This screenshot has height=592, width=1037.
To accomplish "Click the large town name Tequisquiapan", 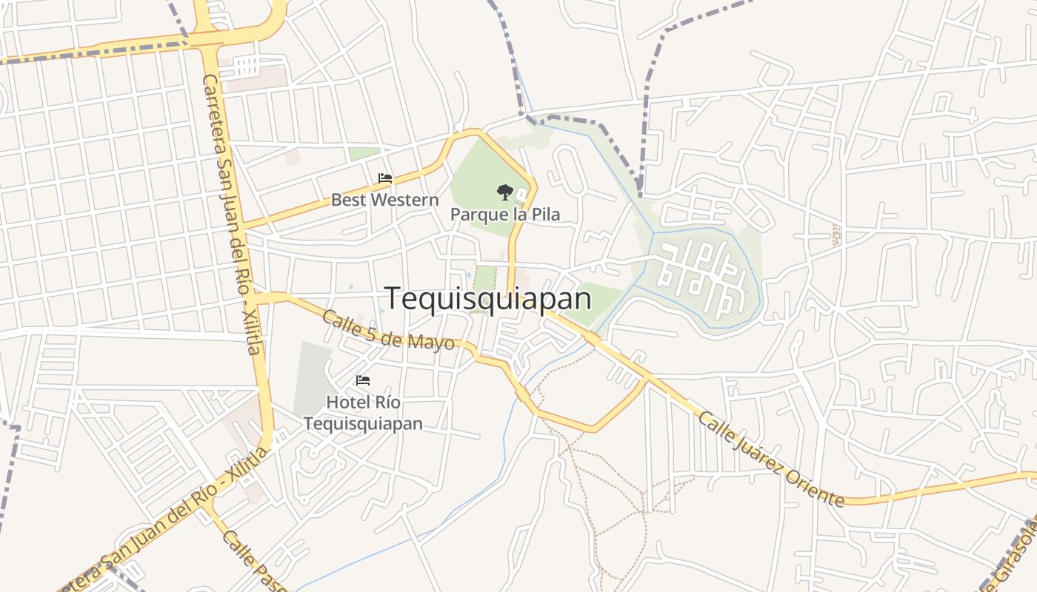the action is [x=488, y=298].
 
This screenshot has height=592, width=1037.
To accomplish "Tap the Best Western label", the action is [x=384, y=200].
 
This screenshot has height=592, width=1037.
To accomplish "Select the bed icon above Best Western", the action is [x=385, y=178].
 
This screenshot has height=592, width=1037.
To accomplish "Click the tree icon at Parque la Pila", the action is [x=504, y=192].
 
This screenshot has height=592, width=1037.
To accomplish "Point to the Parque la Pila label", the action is [x=505, y=215].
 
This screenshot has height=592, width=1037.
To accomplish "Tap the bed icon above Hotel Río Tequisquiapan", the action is [x=363, y=380].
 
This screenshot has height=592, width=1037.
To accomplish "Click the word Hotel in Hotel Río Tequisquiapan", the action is [x=346, y=403].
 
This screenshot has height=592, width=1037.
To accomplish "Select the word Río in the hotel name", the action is [x=386, y=403].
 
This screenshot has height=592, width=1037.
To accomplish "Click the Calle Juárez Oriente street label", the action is [x=770, y=459].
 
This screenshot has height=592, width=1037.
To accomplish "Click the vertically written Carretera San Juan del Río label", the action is [x=232, y=215].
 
